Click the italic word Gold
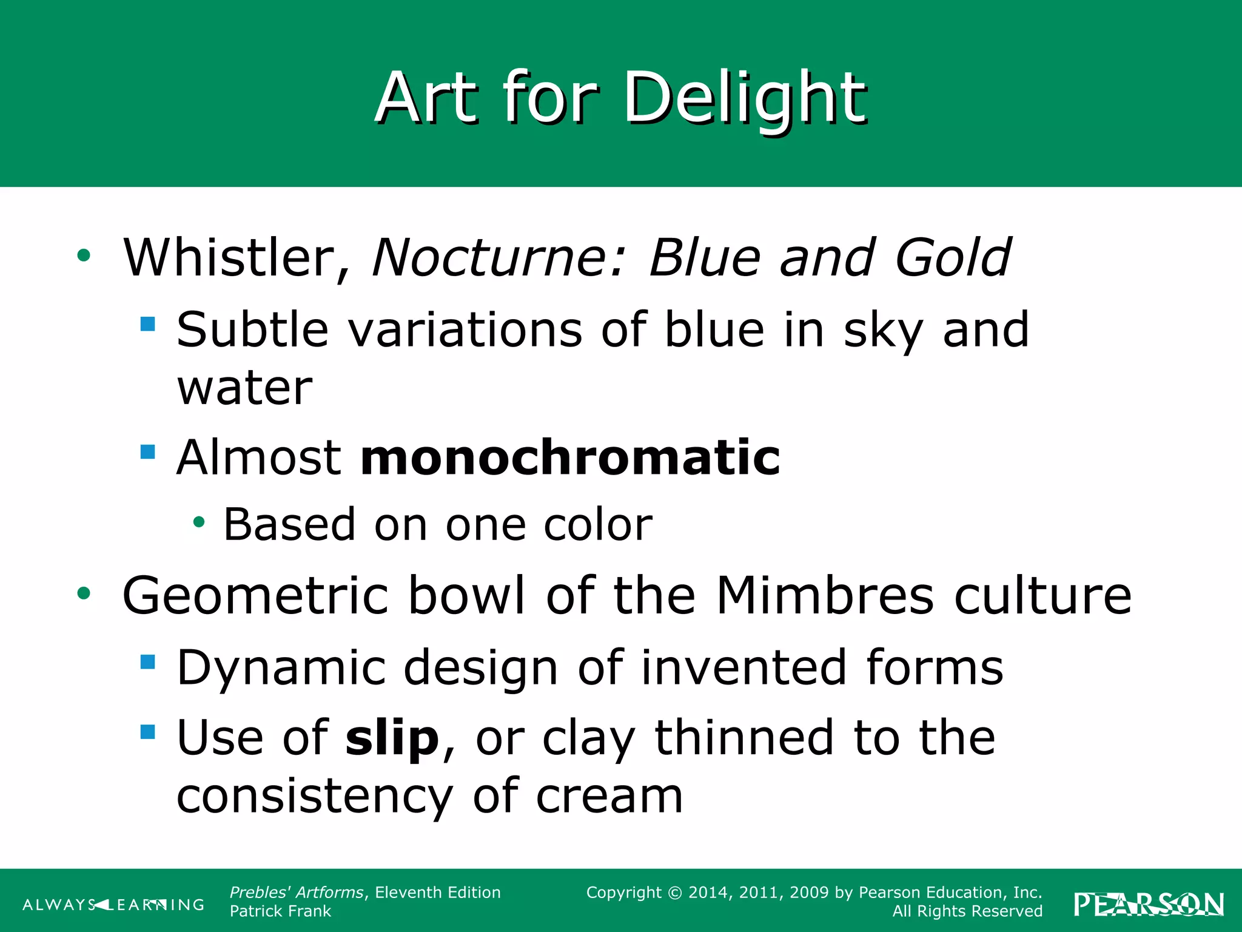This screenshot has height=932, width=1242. (952, 258)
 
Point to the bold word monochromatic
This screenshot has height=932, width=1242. (570, 458)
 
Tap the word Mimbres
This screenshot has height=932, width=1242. (825, 596)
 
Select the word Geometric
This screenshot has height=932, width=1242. (255, 596)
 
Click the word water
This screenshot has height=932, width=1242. (244, 388)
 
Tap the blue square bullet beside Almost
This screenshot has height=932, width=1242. (147, 452)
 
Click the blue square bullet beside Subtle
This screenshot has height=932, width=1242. (147, 324)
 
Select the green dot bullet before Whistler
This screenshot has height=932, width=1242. (84, 255)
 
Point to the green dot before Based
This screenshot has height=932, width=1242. (199, 522)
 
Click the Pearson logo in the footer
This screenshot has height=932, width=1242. (1149, 904)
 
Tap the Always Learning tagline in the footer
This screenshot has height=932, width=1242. (113, 905)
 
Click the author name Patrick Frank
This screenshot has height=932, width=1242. (280, 911)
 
